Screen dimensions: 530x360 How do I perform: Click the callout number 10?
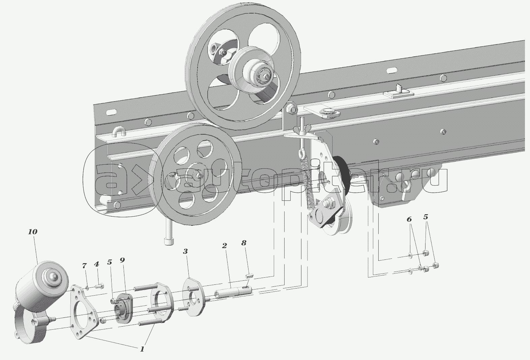click(33, 232)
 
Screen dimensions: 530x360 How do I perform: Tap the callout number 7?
click(85, 266)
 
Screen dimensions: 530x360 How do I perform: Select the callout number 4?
click(96, 264)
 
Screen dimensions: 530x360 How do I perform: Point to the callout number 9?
click(122, 260)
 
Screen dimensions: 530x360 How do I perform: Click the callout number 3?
click(185, 251)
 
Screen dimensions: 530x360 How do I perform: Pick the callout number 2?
click(224, 245)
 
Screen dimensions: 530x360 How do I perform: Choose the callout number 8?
click(244, 243)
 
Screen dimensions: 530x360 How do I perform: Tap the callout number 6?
click(409, 219)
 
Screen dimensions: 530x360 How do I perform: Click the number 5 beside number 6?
click(426, 217)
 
